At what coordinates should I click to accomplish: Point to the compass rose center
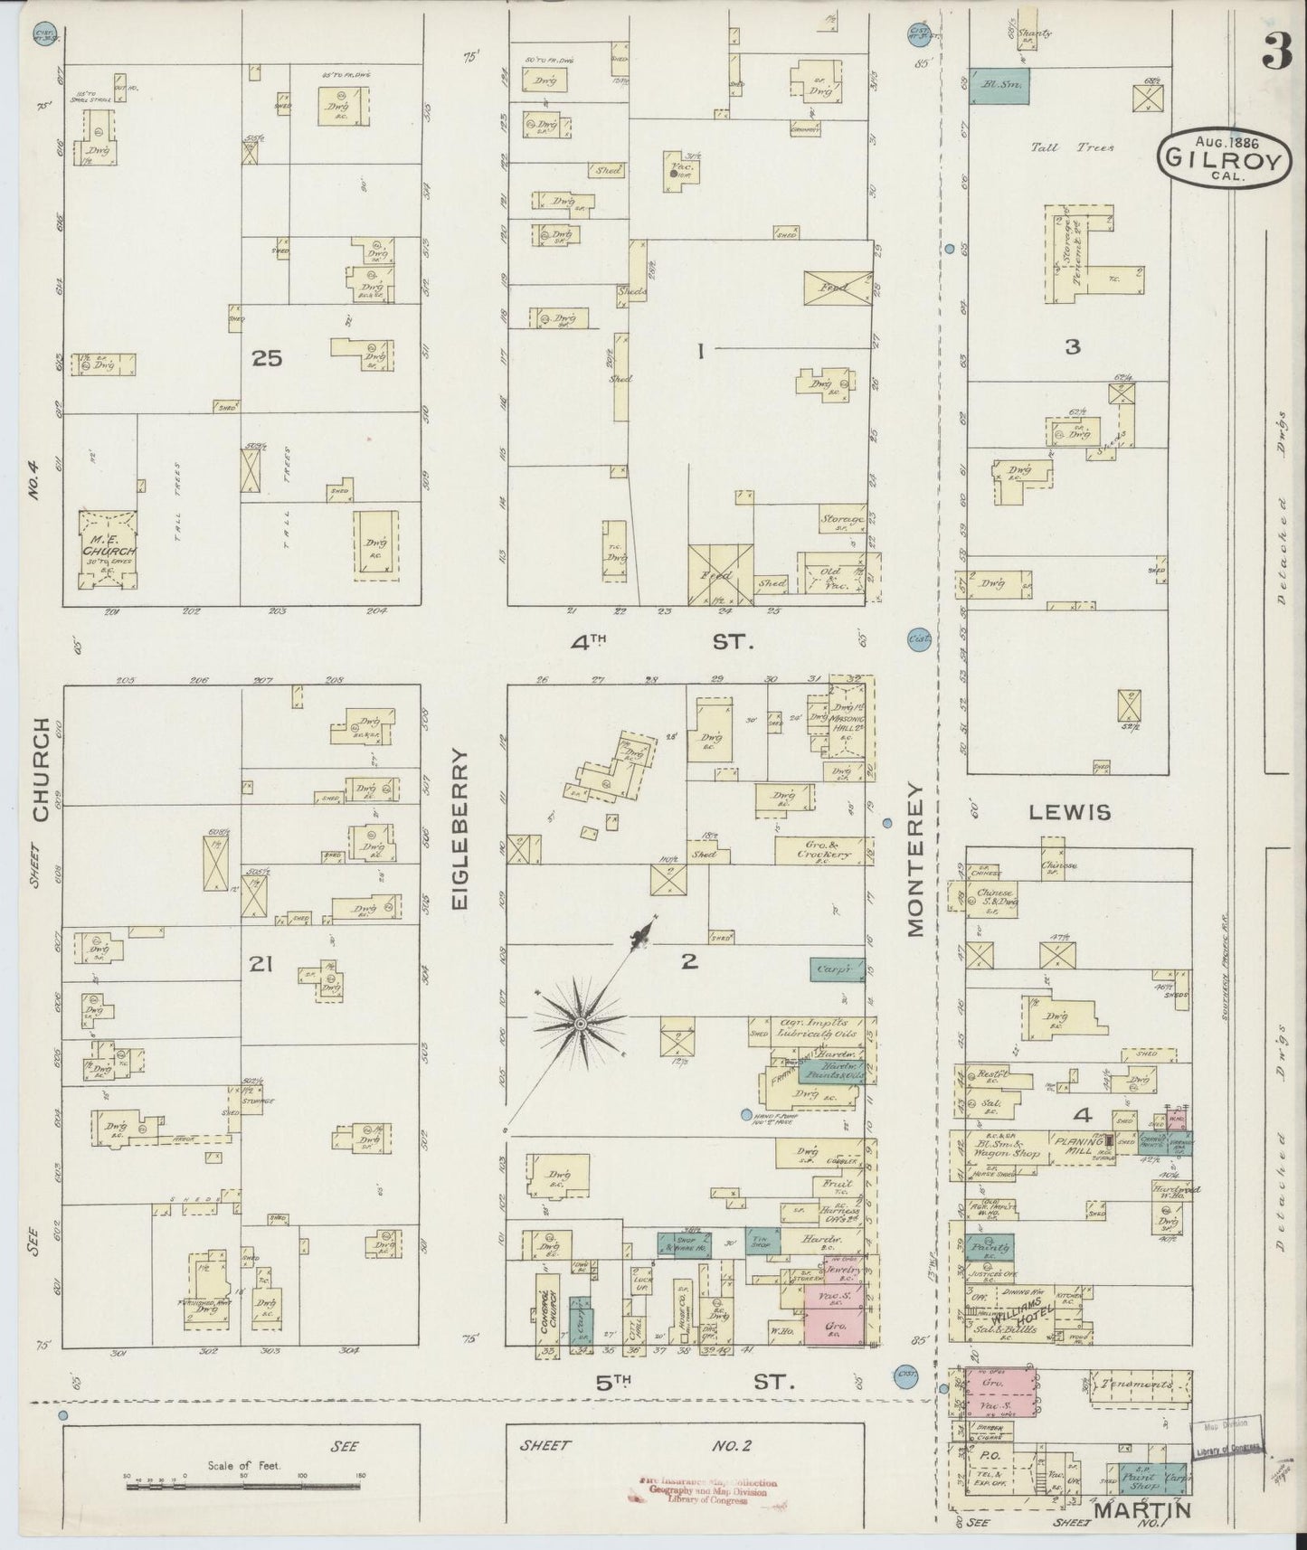[x=579, y=1024]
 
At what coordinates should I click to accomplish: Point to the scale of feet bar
[x=243, y=1484]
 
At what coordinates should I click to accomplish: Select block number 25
[x=267, y=359]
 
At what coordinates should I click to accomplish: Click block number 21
[x=261, y=966]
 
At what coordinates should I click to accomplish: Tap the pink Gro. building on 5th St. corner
[x=833, y=1328]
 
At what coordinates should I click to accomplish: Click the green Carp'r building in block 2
[x=836, y=969]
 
